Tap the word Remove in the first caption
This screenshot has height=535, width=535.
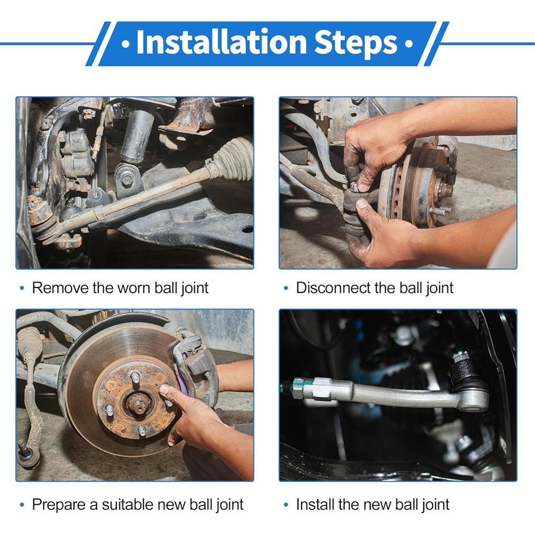pos(60,288)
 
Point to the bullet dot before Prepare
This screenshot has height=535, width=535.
pos(22,505)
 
